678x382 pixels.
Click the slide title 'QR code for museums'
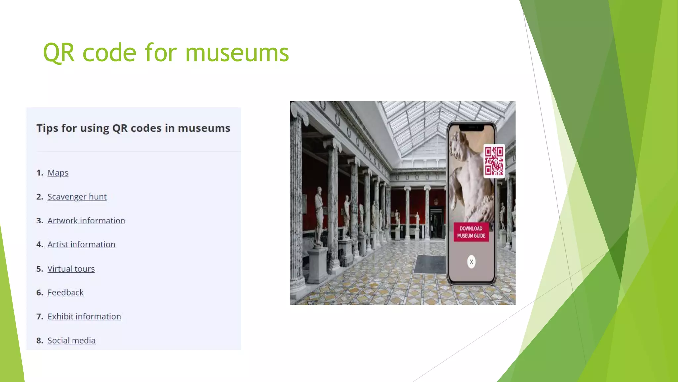coord(166,53)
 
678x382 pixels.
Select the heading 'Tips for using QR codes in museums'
coord(133,128)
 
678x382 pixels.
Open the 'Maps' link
coord(58,173)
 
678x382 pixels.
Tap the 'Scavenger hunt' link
coord(77,197)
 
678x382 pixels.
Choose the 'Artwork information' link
coord(86,221)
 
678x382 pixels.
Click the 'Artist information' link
coord(81,244)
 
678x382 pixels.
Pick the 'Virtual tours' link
coord(71,269)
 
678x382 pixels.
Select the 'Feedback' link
coord(66,292)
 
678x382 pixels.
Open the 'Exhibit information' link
coord(84,316)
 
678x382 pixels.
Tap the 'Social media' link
coord(71,340)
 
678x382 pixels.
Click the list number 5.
coord(40,269)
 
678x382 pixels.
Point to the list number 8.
coord(40,341)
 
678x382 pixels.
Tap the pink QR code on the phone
coord(494,161)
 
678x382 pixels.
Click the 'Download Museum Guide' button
coord(471,232)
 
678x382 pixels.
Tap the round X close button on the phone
coord(471,262)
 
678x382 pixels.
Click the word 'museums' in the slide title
coord(237,53)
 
